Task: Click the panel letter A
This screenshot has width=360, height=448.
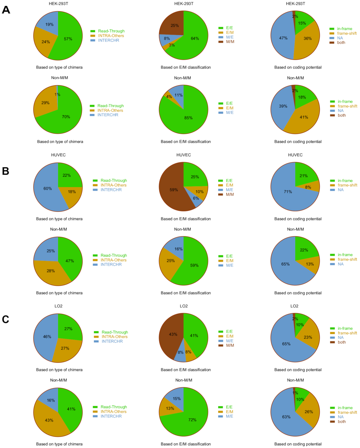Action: [6, 10]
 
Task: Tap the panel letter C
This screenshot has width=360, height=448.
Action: [5, 319]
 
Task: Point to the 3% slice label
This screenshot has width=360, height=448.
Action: [171, 45]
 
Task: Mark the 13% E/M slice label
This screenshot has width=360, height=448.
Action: [170, 408]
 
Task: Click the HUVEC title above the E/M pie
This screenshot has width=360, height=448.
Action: [184, 155]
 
